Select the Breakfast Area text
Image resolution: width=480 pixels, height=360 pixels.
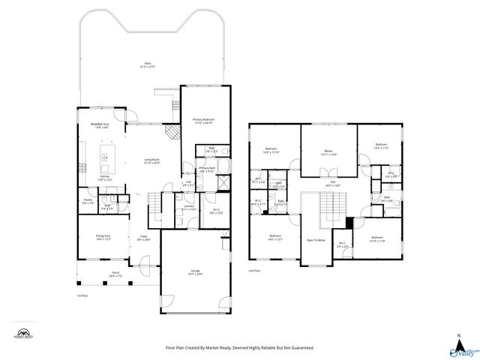100,124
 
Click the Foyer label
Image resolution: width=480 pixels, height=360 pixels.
144,237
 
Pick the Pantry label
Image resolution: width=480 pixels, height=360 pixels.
88,200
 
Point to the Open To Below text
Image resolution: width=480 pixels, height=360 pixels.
316,240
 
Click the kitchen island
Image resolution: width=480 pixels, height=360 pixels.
105,157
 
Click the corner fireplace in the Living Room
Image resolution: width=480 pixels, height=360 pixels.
173,132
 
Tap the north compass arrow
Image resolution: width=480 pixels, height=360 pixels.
458,339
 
